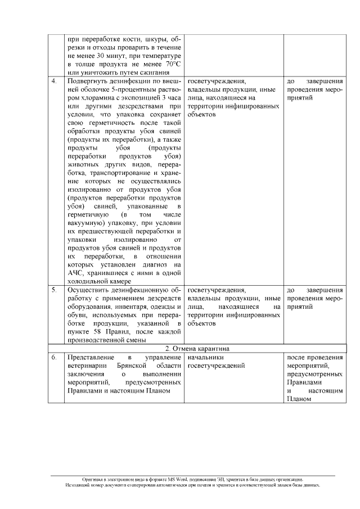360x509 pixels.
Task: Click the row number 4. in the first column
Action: click(x=53, y=81)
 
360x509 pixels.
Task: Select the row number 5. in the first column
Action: click(x=53, y=290)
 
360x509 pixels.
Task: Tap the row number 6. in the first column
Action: click(x=53, y=358)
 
